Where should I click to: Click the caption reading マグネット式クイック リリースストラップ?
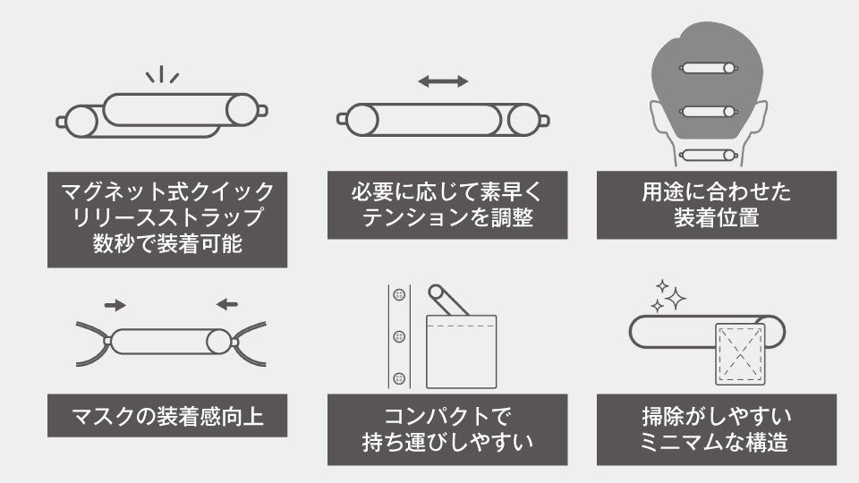pos(167,204)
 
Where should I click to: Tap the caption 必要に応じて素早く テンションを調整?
pos(447,205)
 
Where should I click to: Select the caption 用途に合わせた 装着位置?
pos(717,205)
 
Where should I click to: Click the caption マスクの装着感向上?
pos(167,416)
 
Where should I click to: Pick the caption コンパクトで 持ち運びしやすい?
pos(447,429)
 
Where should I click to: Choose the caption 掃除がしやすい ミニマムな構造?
pos(717,429)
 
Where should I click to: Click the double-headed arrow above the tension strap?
pos(443,81)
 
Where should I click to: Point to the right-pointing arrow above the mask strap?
pos(115,305)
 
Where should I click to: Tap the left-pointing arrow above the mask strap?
pos(227,305)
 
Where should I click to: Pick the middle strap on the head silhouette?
pos(708,112)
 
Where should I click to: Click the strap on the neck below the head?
pos(708,155)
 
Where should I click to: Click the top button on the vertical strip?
pos(399,295)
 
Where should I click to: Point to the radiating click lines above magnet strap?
pos(162,74)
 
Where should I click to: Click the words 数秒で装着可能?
pos(167,244)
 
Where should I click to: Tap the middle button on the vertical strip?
pos(399,336)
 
